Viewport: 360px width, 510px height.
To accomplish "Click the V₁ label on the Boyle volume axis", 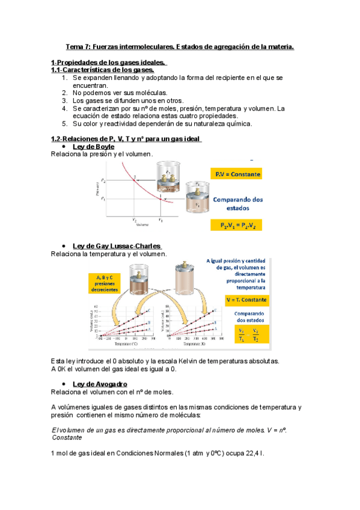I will point(160,220).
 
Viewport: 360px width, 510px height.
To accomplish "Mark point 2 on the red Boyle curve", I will point(135,177).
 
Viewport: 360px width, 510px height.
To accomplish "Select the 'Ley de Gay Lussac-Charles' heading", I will point(117,246).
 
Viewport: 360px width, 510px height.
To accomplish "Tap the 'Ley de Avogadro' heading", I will point(99,384).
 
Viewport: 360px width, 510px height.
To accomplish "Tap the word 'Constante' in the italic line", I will point(69,438).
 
